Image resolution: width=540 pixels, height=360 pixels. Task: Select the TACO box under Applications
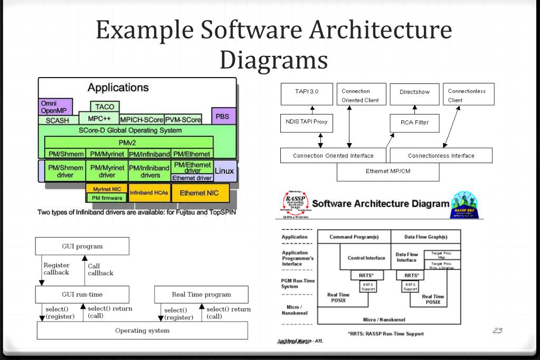pos(105,107)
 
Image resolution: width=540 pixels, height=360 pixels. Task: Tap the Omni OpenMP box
pos(55,107)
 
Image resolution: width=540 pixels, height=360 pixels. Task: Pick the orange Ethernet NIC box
pos(200,193)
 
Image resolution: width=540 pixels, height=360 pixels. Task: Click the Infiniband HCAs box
pos(149,193)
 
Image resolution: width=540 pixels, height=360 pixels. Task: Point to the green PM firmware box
pos(107,198)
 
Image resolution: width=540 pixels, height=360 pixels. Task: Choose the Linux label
pos(225,171)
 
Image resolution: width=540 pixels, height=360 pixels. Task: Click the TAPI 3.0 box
pos(307,92)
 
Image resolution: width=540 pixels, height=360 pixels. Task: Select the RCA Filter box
pos(415,122)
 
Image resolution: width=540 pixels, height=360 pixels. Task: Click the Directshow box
pos(415,92)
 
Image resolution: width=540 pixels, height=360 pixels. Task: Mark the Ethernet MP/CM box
pos(388,172)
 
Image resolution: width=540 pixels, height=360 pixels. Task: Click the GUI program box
pos(82,246)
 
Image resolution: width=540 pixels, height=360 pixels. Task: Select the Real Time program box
pos(201,295)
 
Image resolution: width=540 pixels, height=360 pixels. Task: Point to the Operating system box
pos(142,330)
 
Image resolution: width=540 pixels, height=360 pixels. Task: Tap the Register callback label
pos(56,269)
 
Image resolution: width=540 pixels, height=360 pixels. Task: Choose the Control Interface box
pos(366,258)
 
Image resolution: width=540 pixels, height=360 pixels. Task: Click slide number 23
pos(497,330)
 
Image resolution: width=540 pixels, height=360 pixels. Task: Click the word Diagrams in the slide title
pos(273,60)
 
